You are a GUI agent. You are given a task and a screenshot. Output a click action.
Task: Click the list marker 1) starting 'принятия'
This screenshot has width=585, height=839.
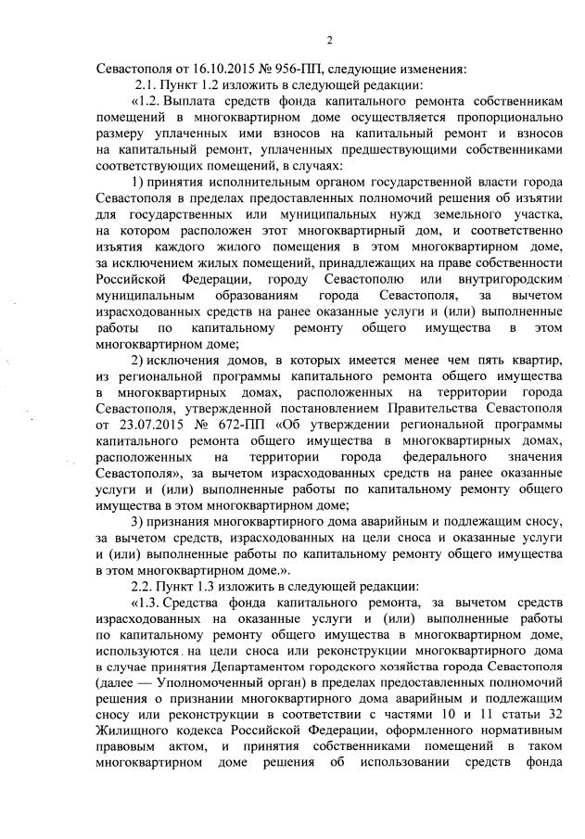click(x=139, y=179)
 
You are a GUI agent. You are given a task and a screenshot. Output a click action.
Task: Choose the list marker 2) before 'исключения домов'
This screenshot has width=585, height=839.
click(x=139, y=359)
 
